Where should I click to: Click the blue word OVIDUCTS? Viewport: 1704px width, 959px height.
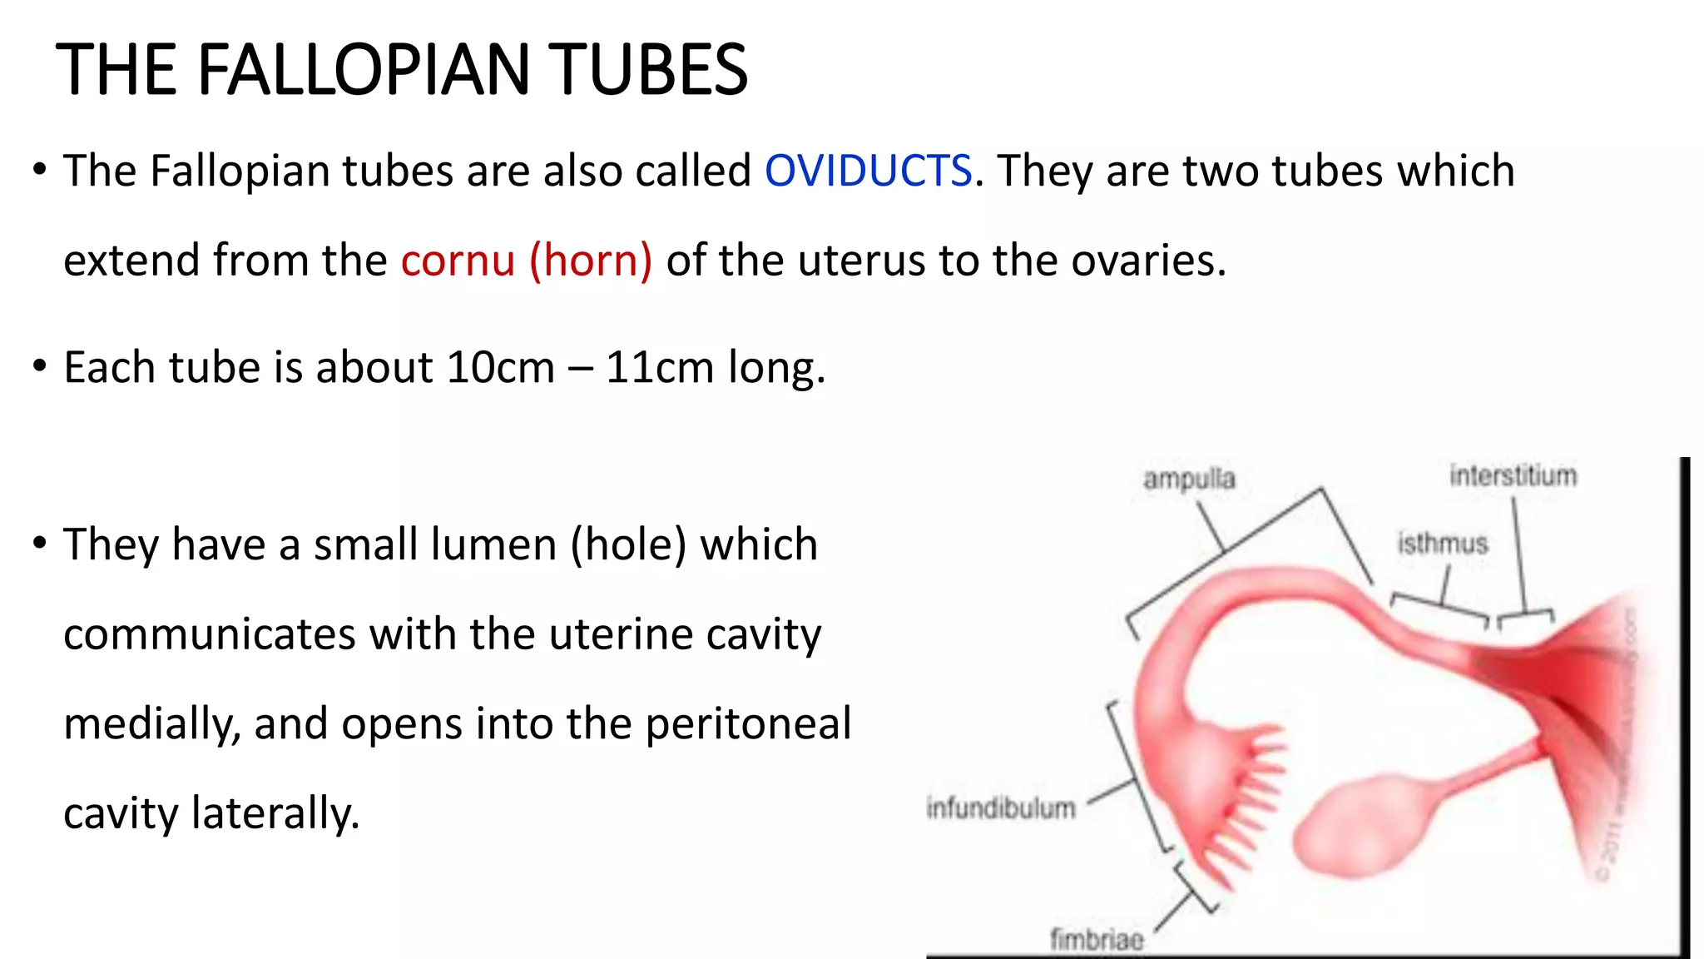point(868,171)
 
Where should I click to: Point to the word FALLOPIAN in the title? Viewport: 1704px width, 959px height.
point(364,70)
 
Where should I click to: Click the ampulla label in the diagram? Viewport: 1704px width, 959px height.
point(1189,479)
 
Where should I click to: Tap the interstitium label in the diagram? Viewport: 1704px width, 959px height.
point(1513,475)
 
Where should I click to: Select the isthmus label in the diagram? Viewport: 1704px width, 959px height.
point(1442,544)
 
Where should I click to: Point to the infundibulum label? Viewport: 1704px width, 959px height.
point(1001,807)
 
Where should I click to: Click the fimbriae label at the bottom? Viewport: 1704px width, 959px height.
point(1097,939)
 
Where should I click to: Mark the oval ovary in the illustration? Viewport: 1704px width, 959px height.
point(1365,824)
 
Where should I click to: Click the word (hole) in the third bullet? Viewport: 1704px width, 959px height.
point(628,544)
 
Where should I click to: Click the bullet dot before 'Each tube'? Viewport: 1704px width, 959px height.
point(40,365)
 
